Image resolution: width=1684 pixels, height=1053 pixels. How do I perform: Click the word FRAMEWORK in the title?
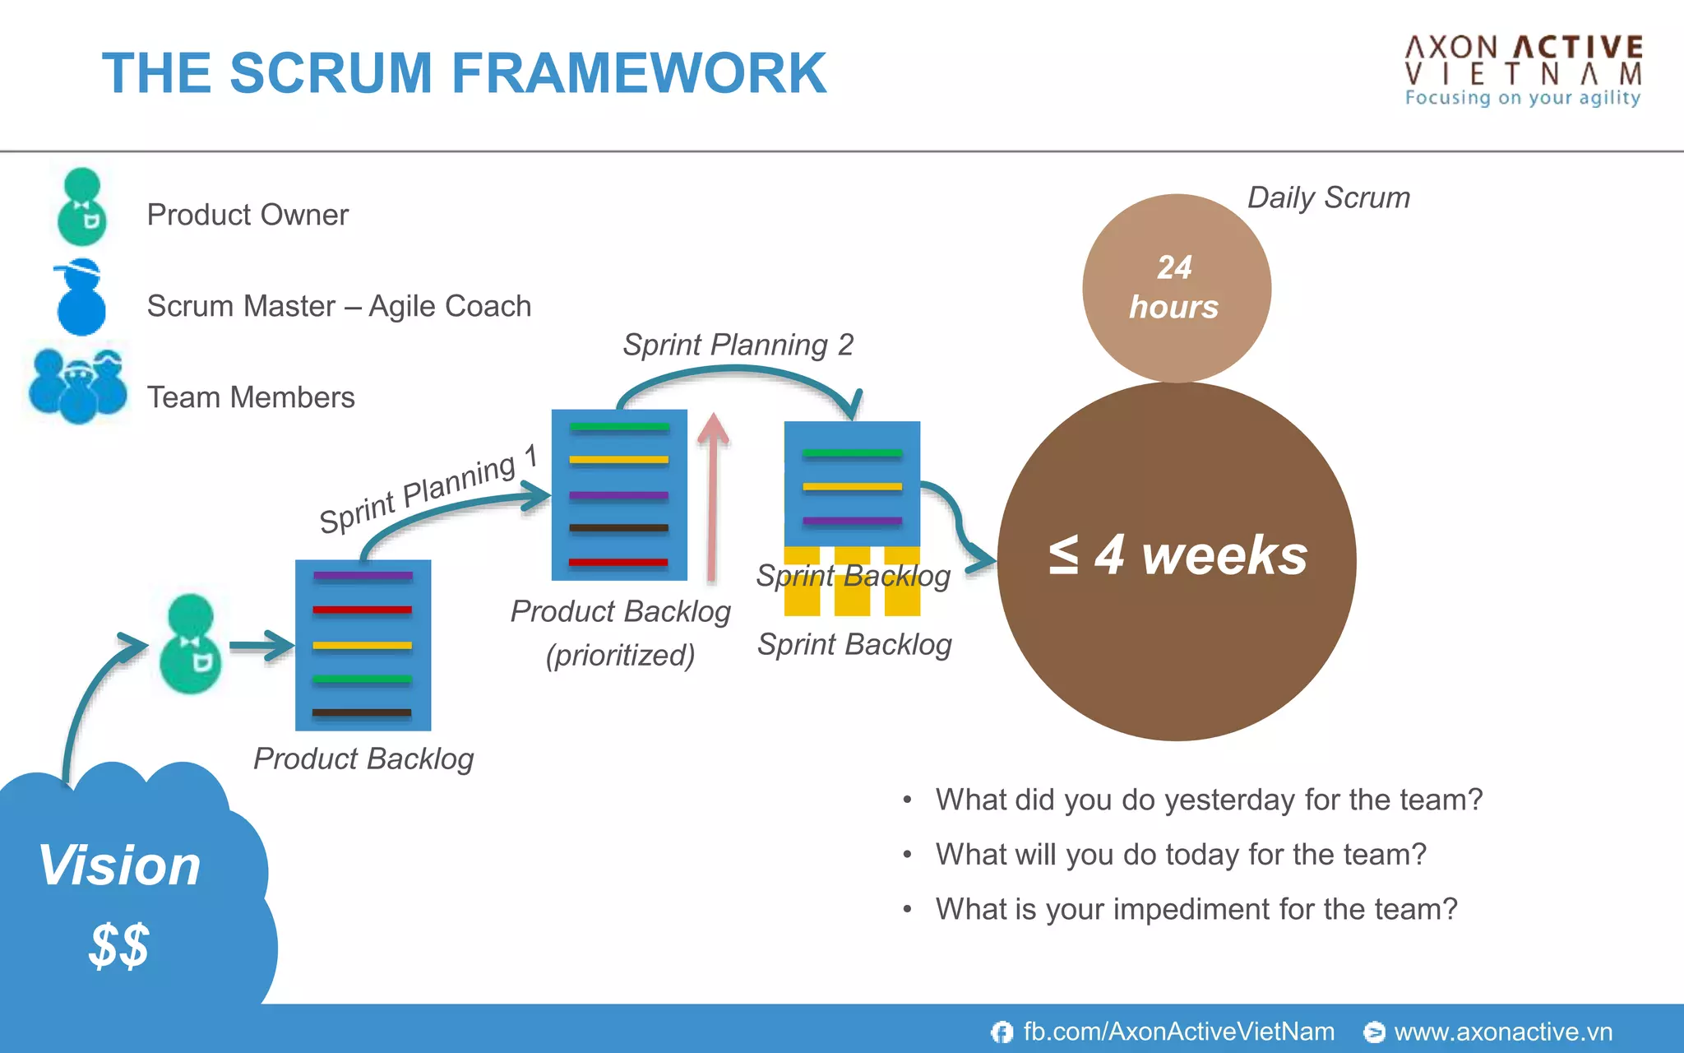[x=638, y=74]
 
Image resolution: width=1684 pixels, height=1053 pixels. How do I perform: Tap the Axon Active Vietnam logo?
[x=1523, y=71]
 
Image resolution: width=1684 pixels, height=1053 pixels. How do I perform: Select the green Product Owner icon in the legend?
[x=82, y=207]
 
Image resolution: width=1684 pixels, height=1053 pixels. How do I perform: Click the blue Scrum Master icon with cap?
[x=81, y=298]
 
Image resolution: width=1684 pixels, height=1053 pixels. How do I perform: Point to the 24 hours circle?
[x=1176, y=288]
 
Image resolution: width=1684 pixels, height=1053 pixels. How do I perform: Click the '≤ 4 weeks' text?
[x=1177, y=555]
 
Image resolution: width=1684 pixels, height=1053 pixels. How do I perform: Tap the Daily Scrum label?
[x=1328, y=198]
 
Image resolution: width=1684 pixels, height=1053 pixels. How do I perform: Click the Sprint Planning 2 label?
[x=738, y=345]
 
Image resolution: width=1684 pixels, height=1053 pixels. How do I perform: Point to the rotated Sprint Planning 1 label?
[x=428, y=490]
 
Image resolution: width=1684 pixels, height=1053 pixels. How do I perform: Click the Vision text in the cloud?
[x=120, y=865]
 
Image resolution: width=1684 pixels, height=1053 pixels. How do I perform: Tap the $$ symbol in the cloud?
[x=119, y=945]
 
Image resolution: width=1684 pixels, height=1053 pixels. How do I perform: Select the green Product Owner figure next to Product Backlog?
[x=191, y=644]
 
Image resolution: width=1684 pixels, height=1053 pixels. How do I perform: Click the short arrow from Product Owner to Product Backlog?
[x=261, y=646]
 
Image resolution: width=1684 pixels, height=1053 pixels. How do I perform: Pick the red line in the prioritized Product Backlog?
[x=618, y=563]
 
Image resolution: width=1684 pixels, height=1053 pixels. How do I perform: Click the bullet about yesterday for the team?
[x=1208, y=800]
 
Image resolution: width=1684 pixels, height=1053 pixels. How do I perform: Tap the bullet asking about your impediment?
[x=1196, y=909]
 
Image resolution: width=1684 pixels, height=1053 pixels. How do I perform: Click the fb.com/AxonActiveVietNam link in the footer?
[x=1177, y=1032]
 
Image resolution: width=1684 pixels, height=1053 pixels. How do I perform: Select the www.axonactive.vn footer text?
[x=1502, y=1032]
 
